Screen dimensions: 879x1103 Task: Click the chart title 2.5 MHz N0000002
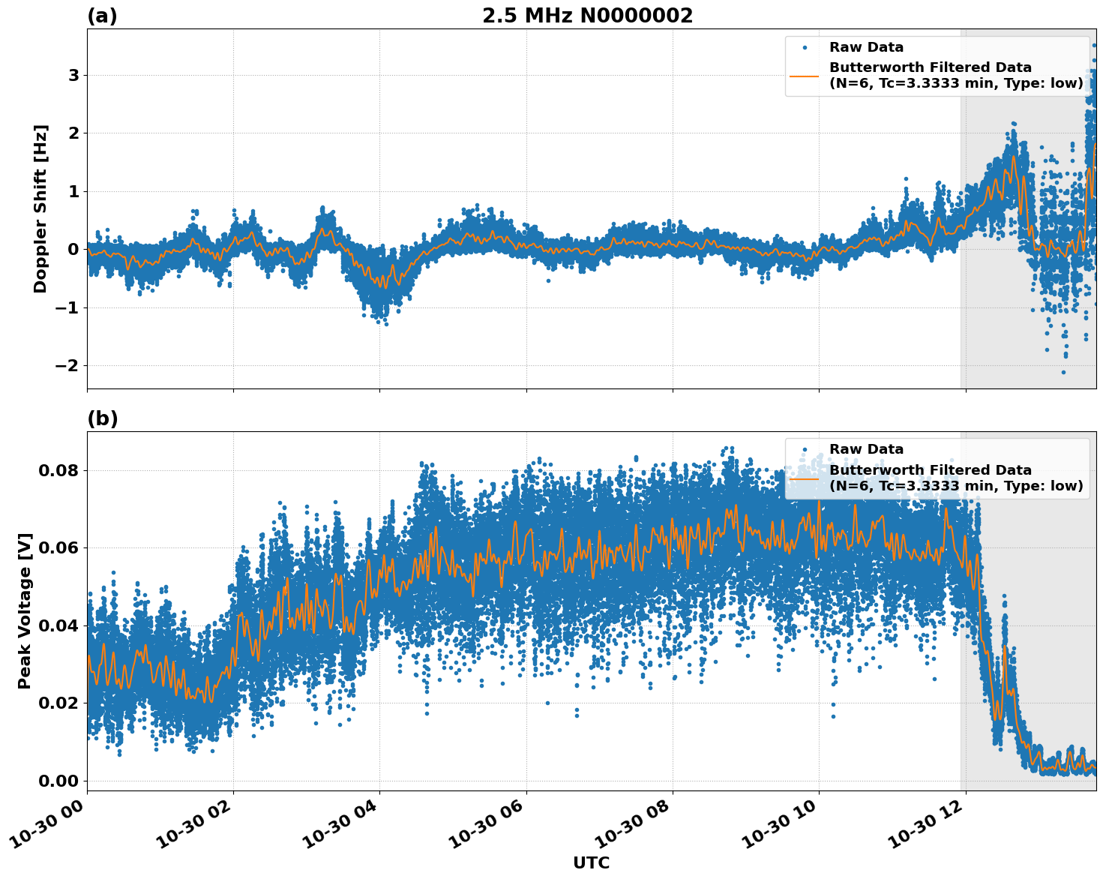(587, 16)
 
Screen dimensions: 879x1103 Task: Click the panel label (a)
(102, 16)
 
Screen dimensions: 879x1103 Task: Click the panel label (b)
(102, 418)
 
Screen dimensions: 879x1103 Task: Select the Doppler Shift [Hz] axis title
(40, 208)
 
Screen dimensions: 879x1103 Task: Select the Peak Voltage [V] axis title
(25, 611)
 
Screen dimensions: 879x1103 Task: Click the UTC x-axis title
(591, 863)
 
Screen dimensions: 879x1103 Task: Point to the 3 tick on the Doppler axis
(73, 75)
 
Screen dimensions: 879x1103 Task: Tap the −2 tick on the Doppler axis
(67, 366)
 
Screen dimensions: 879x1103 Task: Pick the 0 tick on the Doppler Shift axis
(73, 250)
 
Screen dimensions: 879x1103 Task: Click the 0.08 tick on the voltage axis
(58, 471)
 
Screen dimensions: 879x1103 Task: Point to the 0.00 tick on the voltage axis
(58, 781)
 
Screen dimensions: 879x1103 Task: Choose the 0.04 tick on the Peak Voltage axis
(58, 625)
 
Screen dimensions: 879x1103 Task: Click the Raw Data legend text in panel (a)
(866, 47)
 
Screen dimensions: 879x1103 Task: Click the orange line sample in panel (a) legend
(805, 75)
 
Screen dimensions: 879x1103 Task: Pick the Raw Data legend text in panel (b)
(866, 449)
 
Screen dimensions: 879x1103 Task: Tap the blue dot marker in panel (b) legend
(805, 450)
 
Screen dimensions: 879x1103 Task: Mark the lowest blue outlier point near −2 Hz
(1063, 372)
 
